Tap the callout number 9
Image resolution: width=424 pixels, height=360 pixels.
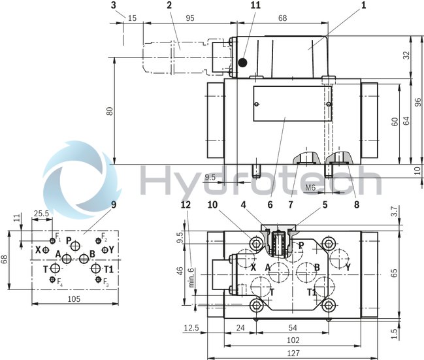113,205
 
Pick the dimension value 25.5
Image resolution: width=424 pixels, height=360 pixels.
41,214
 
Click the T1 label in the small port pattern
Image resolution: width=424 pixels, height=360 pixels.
108,269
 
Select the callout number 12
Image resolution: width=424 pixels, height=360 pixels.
186,205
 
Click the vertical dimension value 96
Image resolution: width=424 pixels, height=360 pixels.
416,101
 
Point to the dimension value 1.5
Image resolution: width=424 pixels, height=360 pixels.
411,334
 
